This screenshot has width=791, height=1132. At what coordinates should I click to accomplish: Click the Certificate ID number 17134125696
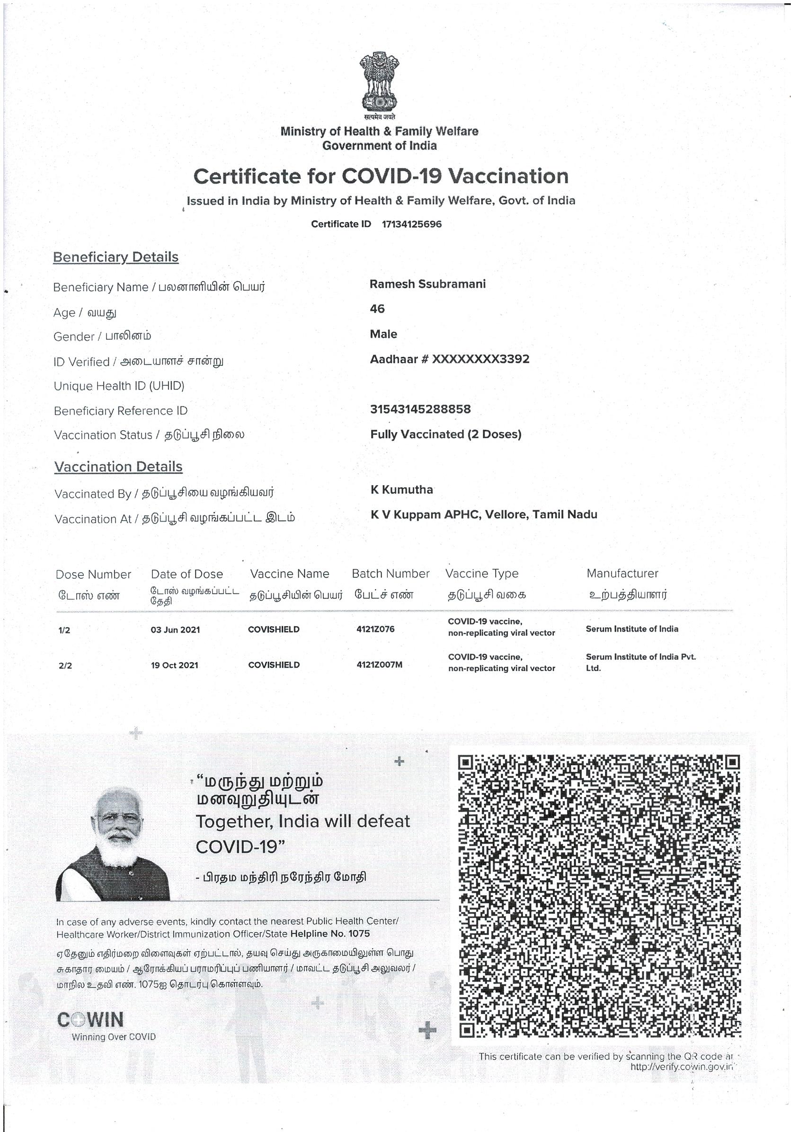tap(412, 224)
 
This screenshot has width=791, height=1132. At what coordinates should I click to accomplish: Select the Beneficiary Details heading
tap(116, 257)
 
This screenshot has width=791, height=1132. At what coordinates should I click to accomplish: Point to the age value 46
tap(377, 309)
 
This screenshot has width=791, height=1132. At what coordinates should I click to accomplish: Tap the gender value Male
tap(383, 334)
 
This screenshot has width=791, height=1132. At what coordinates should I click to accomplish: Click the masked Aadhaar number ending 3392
tap(449, 359)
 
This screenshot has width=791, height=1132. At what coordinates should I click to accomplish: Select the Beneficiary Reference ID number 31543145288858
tap(420, 409)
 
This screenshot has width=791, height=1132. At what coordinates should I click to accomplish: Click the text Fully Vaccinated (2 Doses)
tap(446, 434)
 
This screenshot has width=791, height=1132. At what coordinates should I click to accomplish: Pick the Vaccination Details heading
tap(118, 467)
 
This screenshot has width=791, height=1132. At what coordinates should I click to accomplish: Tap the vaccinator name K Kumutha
tap(402, 490)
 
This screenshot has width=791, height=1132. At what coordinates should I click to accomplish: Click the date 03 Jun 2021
tap(175, 629)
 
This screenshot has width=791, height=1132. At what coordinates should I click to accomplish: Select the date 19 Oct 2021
tap(175, 665)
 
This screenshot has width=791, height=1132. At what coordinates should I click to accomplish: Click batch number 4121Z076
tap(375, 629)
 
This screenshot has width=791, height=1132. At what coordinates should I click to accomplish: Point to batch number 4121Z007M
tap(379, 664)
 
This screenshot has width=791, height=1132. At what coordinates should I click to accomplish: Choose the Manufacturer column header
tap(622, 574)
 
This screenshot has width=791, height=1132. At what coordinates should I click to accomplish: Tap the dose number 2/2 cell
tap(65, 665)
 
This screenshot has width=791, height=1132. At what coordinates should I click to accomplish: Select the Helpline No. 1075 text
tap(330, 934)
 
